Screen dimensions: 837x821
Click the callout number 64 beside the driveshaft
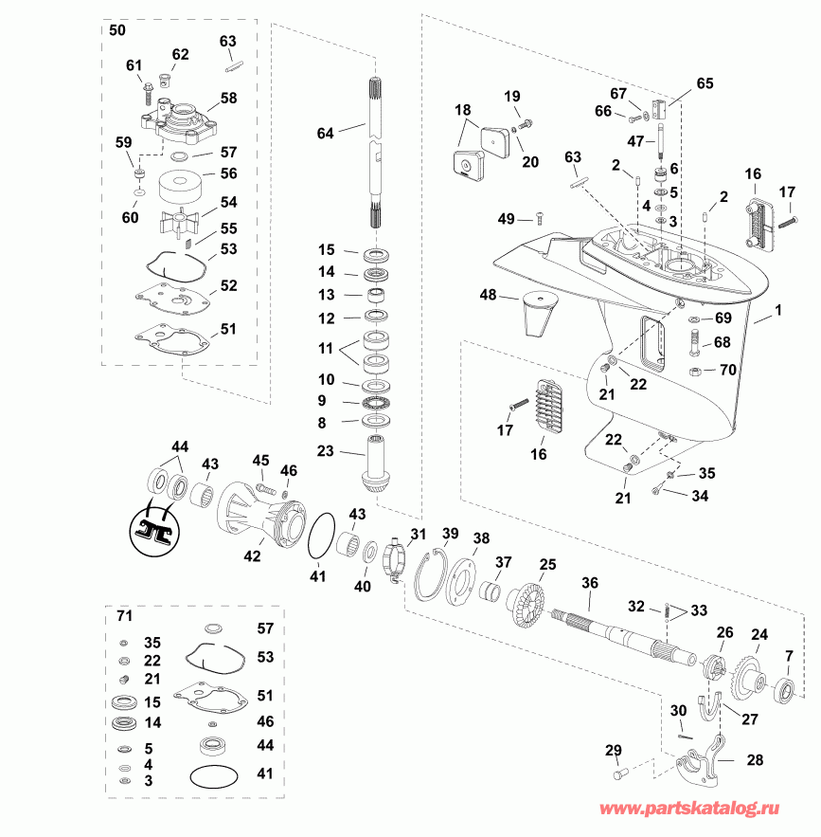coord(326,134)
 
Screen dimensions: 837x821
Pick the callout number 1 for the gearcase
coord(779,310)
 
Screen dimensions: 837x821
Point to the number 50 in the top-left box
coord(117,30)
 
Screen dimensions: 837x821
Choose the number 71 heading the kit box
coord(124,617)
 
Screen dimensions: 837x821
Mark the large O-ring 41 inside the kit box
coord(215,775)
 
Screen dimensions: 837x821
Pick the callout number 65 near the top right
coord(705,83)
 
